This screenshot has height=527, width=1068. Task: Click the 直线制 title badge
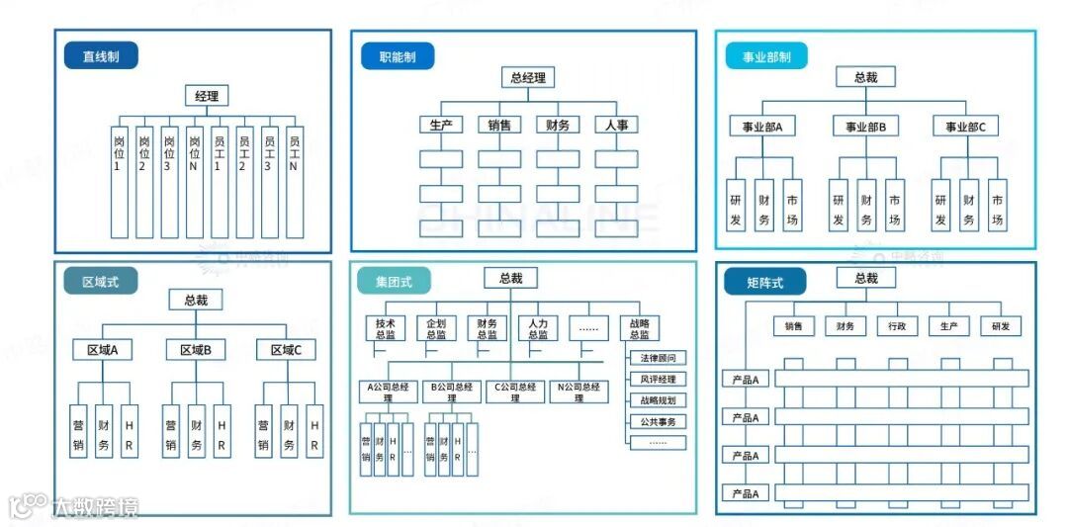[101, 56]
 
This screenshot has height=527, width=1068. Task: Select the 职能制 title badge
[398, 56]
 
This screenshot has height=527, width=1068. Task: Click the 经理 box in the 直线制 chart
[207, 96]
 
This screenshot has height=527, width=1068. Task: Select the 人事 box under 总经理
[616, 126]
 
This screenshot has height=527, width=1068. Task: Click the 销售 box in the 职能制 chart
[499, 126]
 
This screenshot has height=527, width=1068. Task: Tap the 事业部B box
[865, 127]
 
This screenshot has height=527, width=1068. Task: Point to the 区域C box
[286, 349]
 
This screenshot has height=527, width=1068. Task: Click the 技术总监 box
[385, 328]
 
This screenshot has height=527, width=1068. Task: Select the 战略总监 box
[639, 328]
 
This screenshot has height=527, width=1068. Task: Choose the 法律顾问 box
[658, 358]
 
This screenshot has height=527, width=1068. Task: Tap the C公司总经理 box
[515, 392]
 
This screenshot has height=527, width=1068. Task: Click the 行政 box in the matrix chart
[897, 325]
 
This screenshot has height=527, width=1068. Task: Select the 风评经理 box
[658, 380]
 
